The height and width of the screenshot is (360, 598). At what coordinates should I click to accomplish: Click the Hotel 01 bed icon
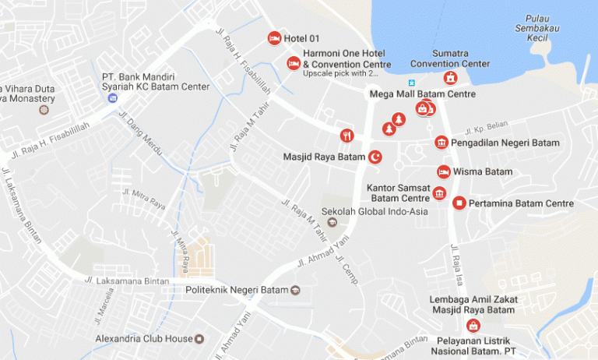[274, 38]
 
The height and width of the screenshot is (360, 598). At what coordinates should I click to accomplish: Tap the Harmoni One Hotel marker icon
[294, 63]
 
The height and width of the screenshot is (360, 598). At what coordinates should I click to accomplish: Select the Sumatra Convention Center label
[450, 58]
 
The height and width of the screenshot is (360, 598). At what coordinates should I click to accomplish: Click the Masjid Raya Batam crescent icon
[375, 157]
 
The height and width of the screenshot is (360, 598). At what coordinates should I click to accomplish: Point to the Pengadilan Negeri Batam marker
[441, 142]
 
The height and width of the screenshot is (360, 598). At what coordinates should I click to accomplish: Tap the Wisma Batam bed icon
[443, 171]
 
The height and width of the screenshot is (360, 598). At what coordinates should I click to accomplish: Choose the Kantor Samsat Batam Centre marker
[440, 193]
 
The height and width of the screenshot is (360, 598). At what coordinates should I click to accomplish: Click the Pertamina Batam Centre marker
[459, 203]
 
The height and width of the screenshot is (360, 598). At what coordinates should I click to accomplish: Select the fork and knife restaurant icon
[347, 136]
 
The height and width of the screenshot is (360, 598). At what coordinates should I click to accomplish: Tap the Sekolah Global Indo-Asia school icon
[332, 222]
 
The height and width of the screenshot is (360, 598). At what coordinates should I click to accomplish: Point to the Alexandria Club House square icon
[200, 339]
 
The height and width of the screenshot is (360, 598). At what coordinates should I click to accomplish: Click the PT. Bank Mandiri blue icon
[113, 97]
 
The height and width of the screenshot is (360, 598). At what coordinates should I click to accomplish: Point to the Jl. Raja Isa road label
[456, 266]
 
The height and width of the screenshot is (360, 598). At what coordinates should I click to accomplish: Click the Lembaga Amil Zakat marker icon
[473, 326]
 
